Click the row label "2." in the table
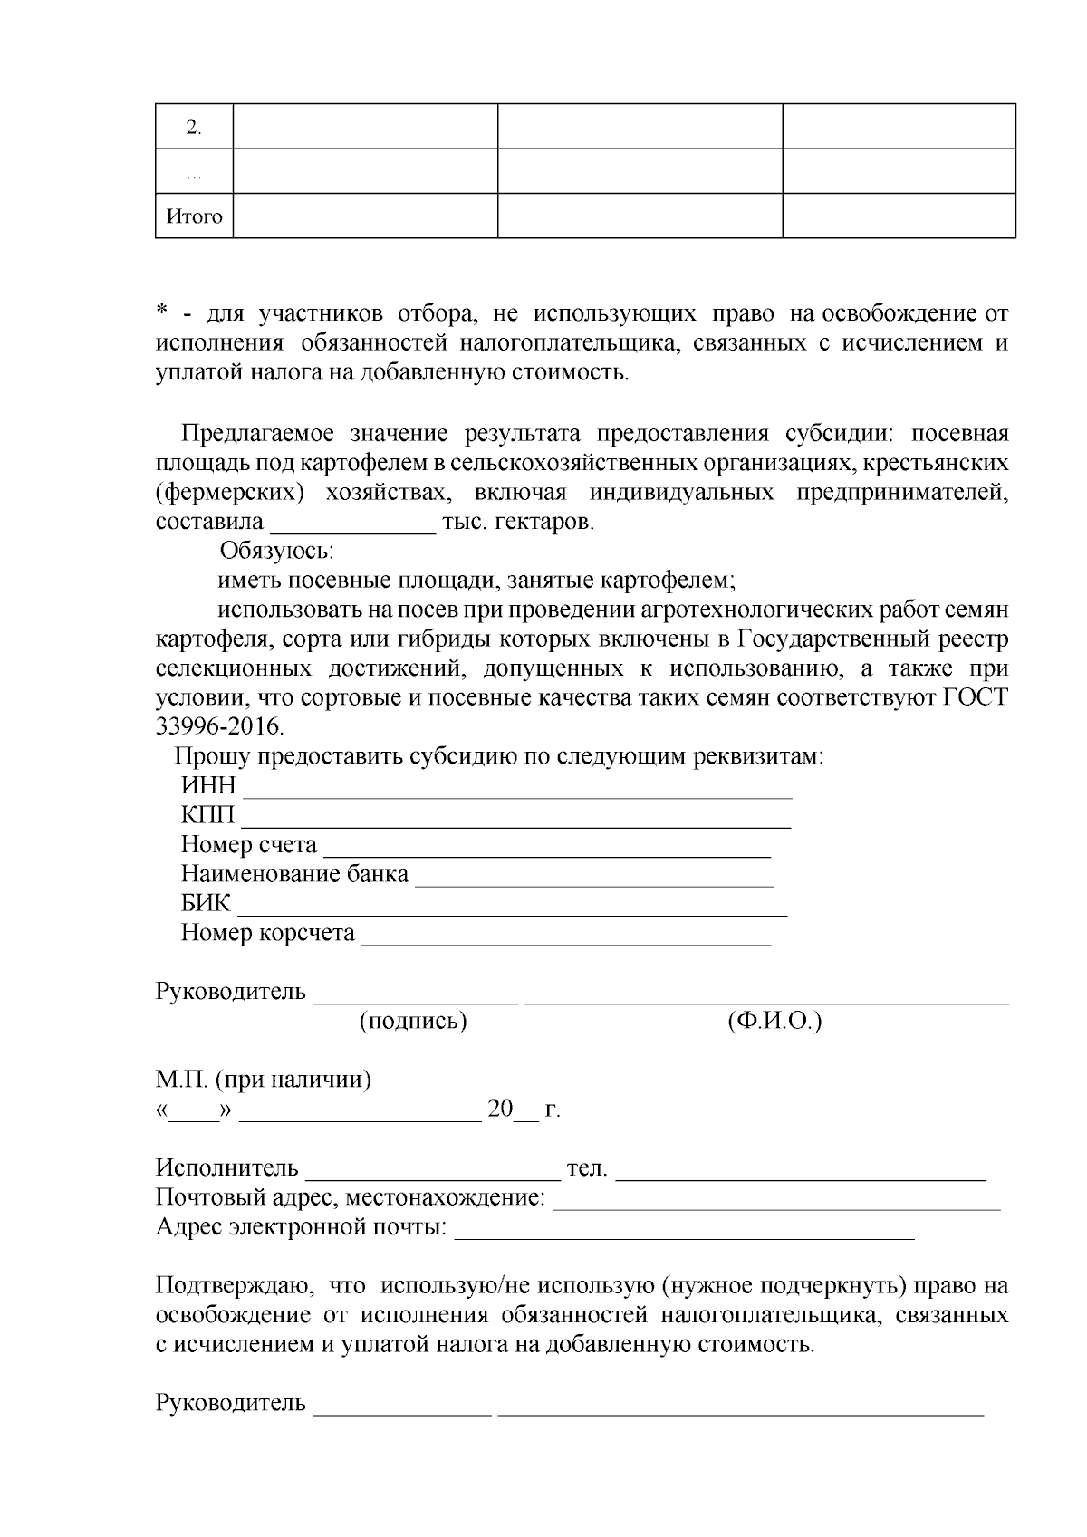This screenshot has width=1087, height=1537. (194, 127)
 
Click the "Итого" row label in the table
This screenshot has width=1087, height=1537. (194, 216)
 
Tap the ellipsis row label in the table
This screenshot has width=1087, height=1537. (194, 174)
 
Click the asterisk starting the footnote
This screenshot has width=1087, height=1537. (162, 313)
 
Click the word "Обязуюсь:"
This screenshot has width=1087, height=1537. (277, 551)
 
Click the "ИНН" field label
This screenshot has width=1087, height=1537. (207, 785)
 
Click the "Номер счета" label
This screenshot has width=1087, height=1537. (248, 845)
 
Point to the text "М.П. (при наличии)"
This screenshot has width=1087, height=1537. (263, 1080)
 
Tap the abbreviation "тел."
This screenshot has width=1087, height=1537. (586, 1168)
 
